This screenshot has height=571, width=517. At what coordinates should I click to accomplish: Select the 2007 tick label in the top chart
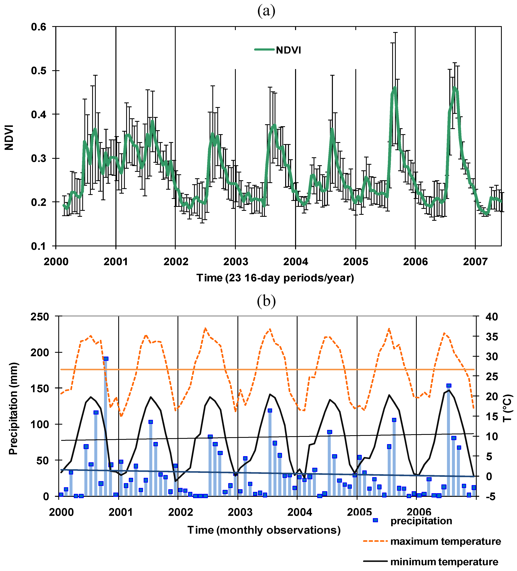click(x=475, y=261)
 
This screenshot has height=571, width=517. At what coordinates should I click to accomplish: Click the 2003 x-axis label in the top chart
click(x=236, y=261)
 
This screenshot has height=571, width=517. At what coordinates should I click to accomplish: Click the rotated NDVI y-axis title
click(x=9, y=138)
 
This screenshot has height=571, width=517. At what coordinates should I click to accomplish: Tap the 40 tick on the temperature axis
click(x=492, y=317)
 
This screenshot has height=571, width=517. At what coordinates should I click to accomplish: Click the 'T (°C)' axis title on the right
click(x=508, y=408)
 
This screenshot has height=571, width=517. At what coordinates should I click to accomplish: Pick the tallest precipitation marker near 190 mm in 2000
click(x=106, y=359)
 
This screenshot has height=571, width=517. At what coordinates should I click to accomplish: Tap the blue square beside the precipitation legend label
click(x=375, y=520)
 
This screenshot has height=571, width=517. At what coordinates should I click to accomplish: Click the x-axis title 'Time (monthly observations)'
click(x=264, y=530)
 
